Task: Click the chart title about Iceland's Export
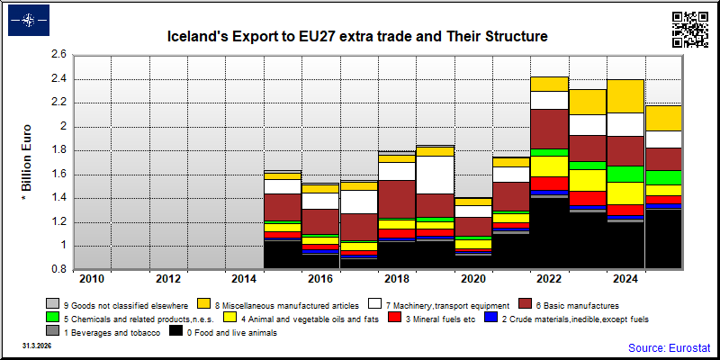[356, 36]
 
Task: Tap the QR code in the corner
[689, 30]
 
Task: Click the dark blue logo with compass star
[29, 20]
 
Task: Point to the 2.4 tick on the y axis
[59, 79]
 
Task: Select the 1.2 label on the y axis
[59, 222]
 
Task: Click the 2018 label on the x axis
[397, 279]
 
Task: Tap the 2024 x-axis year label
[626, 279]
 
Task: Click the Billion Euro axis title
[26, 163]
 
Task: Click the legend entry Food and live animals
[223, 332]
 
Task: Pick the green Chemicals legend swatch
[52, 318]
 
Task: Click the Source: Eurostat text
[669, 347]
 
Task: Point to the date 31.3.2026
[37, 345]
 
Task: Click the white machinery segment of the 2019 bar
[436, 175]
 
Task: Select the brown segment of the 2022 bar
[550, 129]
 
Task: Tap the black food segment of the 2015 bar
[283, 255]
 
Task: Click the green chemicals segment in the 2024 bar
[626, 174]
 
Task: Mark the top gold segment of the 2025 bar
[664, 119]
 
